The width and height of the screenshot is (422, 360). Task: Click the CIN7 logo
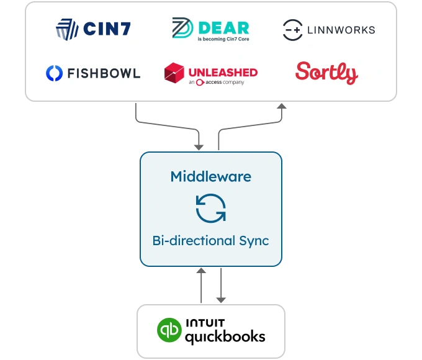pyautogui.click(x=93, y=29)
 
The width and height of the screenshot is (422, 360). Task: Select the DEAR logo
pyautogui.click(x=210, y=29)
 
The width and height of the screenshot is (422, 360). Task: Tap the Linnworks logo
pyautogui.click(x=329, y=29)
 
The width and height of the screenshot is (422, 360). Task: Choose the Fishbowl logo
pyautogui.click(x=93, y=73)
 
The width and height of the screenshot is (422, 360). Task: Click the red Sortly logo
pyautogui.click(x=326, y=73)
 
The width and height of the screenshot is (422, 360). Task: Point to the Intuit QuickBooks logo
pyautogui.click(x=211, y=331)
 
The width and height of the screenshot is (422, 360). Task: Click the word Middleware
pyautogui.click(x=210, y=176)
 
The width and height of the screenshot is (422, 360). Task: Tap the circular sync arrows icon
pyautogui.click(x=210, y=208)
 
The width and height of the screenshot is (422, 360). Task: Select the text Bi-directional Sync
pyautogui.click(x=210, y=240)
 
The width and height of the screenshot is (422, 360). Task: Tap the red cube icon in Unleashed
pyautogui.click(x=174, y=73)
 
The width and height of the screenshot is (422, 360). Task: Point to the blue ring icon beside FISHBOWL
pyautogui.click(x=55, y=73)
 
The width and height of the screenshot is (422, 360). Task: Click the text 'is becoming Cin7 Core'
pyautogui.click(x=222, y=38)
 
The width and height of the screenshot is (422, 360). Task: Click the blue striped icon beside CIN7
pyautogui.click(x=66, y=29)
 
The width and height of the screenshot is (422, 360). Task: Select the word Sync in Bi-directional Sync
pyautogui.click(x=252, y=240)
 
